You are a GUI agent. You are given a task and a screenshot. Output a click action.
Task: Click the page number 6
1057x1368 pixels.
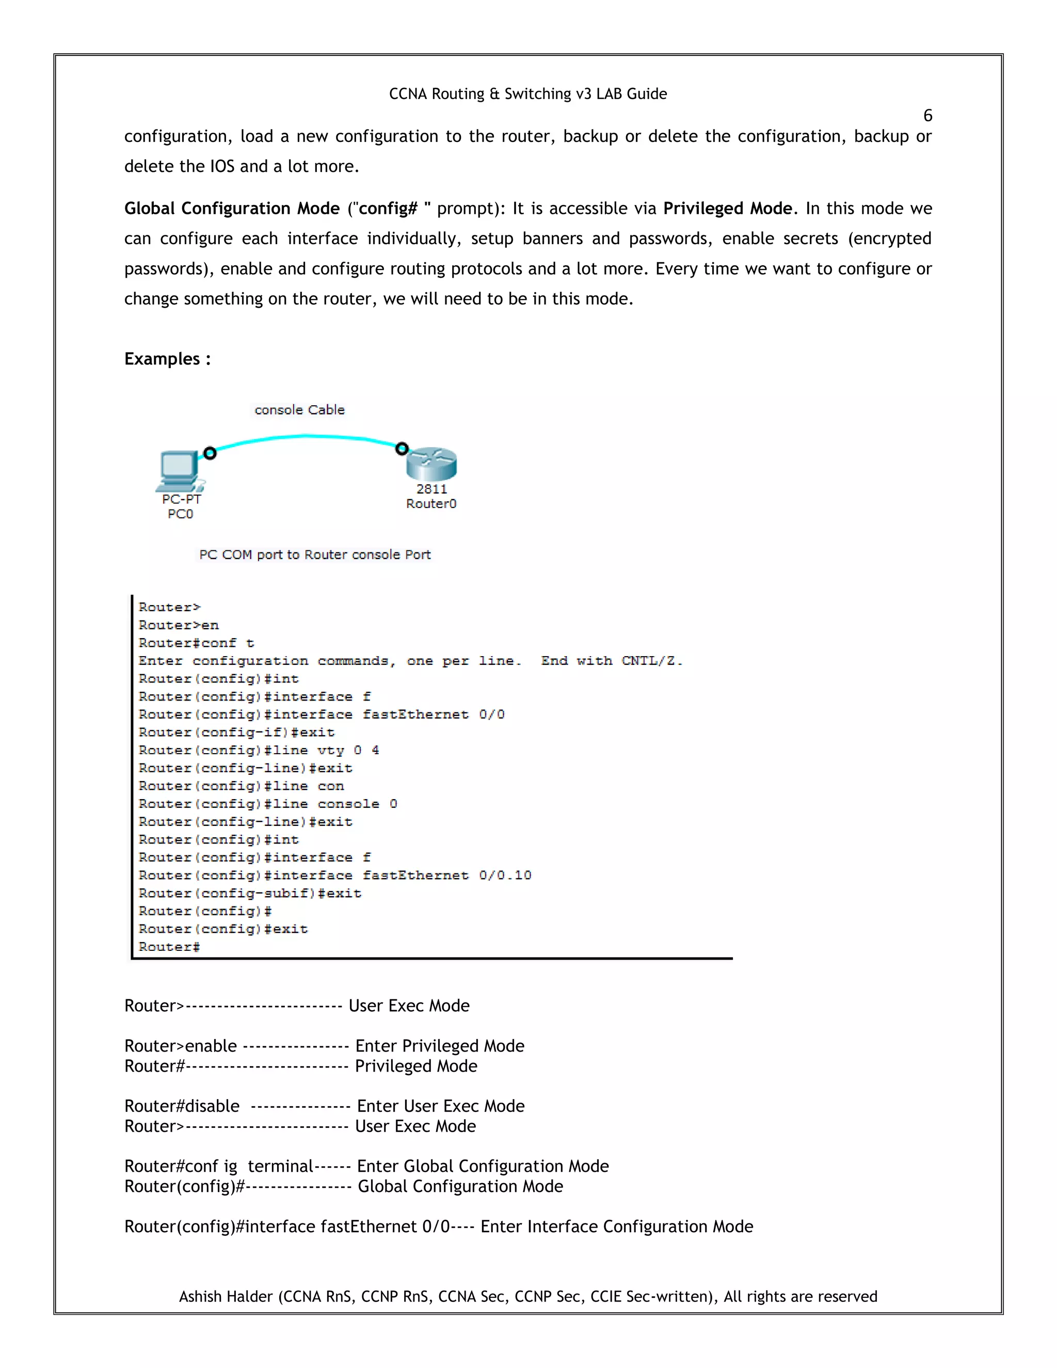pos(927,116)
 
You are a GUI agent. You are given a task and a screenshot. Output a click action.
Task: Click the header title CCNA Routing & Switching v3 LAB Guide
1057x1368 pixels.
pos(527,94)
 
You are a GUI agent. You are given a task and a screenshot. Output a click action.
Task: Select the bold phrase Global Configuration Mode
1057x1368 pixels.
pos(232,209)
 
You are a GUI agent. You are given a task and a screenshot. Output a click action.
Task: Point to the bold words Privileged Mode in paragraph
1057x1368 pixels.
pos(727,209)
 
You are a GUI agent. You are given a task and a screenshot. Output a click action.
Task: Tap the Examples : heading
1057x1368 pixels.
pos(167,359)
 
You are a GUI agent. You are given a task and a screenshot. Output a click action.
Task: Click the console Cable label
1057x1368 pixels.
pos(299,410)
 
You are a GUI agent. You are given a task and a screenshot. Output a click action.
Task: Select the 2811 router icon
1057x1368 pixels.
pos(431,464)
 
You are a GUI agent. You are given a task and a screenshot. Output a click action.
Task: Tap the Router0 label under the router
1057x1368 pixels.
pos(431,504)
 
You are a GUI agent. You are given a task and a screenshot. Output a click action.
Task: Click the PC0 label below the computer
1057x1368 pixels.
pos(180,514)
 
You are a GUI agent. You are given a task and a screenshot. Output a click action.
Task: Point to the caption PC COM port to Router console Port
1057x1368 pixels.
pos(314,554)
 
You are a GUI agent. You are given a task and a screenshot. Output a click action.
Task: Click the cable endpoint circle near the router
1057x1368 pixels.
pos(402,449)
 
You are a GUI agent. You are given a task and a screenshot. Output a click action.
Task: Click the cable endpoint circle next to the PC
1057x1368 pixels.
pos(210,453)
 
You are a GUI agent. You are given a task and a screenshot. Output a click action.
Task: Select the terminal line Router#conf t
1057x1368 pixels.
pos(196,643)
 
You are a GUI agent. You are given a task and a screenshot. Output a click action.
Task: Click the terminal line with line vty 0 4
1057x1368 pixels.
pos(258,751)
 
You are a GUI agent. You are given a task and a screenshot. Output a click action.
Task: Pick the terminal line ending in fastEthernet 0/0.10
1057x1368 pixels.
pos(334,875)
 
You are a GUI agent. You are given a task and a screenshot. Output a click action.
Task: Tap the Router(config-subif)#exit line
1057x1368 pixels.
pos(250,893)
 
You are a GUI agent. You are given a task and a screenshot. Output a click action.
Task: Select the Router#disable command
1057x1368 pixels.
pos(182,1106)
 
